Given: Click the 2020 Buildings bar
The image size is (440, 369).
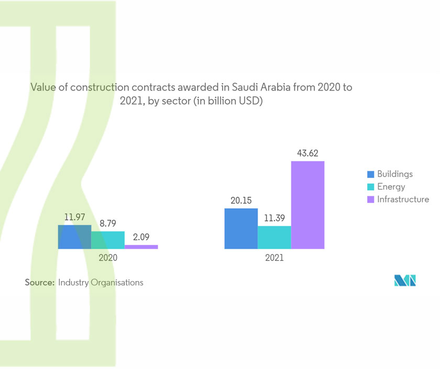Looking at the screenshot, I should [x=74, y=237].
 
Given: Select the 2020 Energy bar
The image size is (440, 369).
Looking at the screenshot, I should [x=108, y=240].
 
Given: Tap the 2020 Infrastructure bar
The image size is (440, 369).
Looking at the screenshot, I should [x=141, y=247].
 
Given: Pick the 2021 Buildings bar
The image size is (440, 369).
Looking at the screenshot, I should [x=241, y=229].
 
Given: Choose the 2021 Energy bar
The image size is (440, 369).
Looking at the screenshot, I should [x=274, y=237].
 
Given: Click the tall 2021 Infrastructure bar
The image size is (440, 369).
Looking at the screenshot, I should [x=308, y=205].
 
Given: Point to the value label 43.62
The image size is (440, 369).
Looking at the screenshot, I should [x=308, y=154].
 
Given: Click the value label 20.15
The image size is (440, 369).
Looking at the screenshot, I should [x=241, y=201].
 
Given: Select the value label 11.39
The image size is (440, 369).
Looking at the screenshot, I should [x=274, y=218].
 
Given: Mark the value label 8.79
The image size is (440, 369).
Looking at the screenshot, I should [x=108, y=223].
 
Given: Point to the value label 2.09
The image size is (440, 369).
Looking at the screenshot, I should [x=141, y=237].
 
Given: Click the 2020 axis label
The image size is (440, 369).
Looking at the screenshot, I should [x=108, y=258].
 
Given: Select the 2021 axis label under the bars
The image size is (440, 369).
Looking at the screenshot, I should [x=274, y=258].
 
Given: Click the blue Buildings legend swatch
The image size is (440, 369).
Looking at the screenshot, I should [x=371, y=174].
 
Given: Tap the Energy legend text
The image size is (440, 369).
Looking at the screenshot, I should [x=391, y=187].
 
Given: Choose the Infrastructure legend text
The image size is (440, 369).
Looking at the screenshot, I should [x=403, y=199].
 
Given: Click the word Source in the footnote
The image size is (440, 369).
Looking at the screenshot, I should [x=39, y=283].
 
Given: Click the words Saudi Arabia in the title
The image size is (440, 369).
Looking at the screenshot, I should [x=256, y=87].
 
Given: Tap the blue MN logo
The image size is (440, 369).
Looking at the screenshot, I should [x=405, y=281].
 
